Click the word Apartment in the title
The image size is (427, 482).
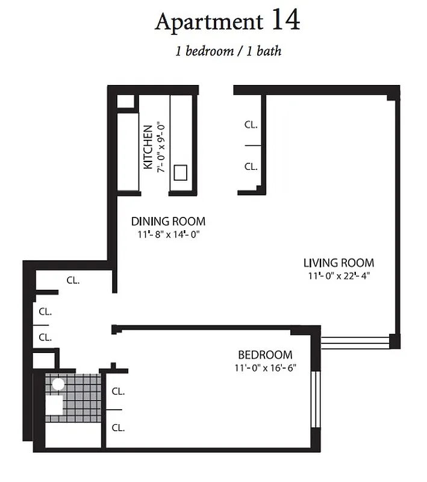point(209,22)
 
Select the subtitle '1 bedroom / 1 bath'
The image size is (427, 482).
point(228,51)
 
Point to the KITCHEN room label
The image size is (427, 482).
point(147,147)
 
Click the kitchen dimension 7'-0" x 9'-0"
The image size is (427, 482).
point(160,147)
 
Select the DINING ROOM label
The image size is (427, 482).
point(168,221)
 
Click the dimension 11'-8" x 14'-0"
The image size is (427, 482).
point(168,234)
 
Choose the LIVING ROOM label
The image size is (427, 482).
point(338,263)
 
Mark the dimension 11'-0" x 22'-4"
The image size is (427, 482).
point(338,276)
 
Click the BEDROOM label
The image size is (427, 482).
point(265,355)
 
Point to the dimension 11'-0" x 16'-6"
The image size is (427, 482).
point(265,368)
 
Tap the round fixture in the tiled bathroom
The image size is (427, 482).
point(58,384)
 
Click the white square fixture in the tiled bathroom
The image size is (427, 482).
point(54,405)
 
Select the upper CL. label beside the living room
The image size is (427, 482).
point(251,125)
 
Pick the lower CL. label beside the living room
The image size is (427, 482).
point(251,166)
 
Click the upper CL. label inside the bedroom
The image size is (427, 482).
point(118,391)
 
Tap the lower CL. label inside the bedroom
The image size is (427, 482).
point(118,428)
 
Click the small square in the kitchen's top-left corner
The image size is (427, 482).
point(125,101)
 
